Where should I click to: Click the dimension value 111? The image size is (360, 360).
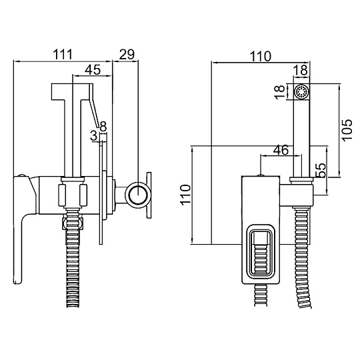[x=63, y=55]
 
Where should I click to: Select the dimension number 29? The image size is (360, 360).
[x=127, y=55]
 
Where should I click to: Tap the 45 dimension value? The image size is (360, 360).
[x=93, y=69]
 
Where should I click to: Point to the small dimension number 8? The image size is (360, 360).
[x=103, y=126]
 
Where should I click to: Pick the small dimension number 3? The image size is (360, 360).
[x=94, y=135]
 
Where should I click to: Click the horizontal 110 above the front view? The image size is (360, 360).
[x=261, y=56]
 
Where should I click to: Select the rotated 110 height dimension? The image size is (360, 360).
[x=186, y=194]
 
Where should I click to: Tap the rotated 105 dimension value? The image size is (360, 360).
[x=347, y=129]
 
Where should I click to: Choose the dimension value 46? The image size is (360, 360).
[x=281, y=150]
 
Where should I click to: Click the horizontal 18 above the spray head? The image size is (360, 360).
[x=301, y=70]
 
